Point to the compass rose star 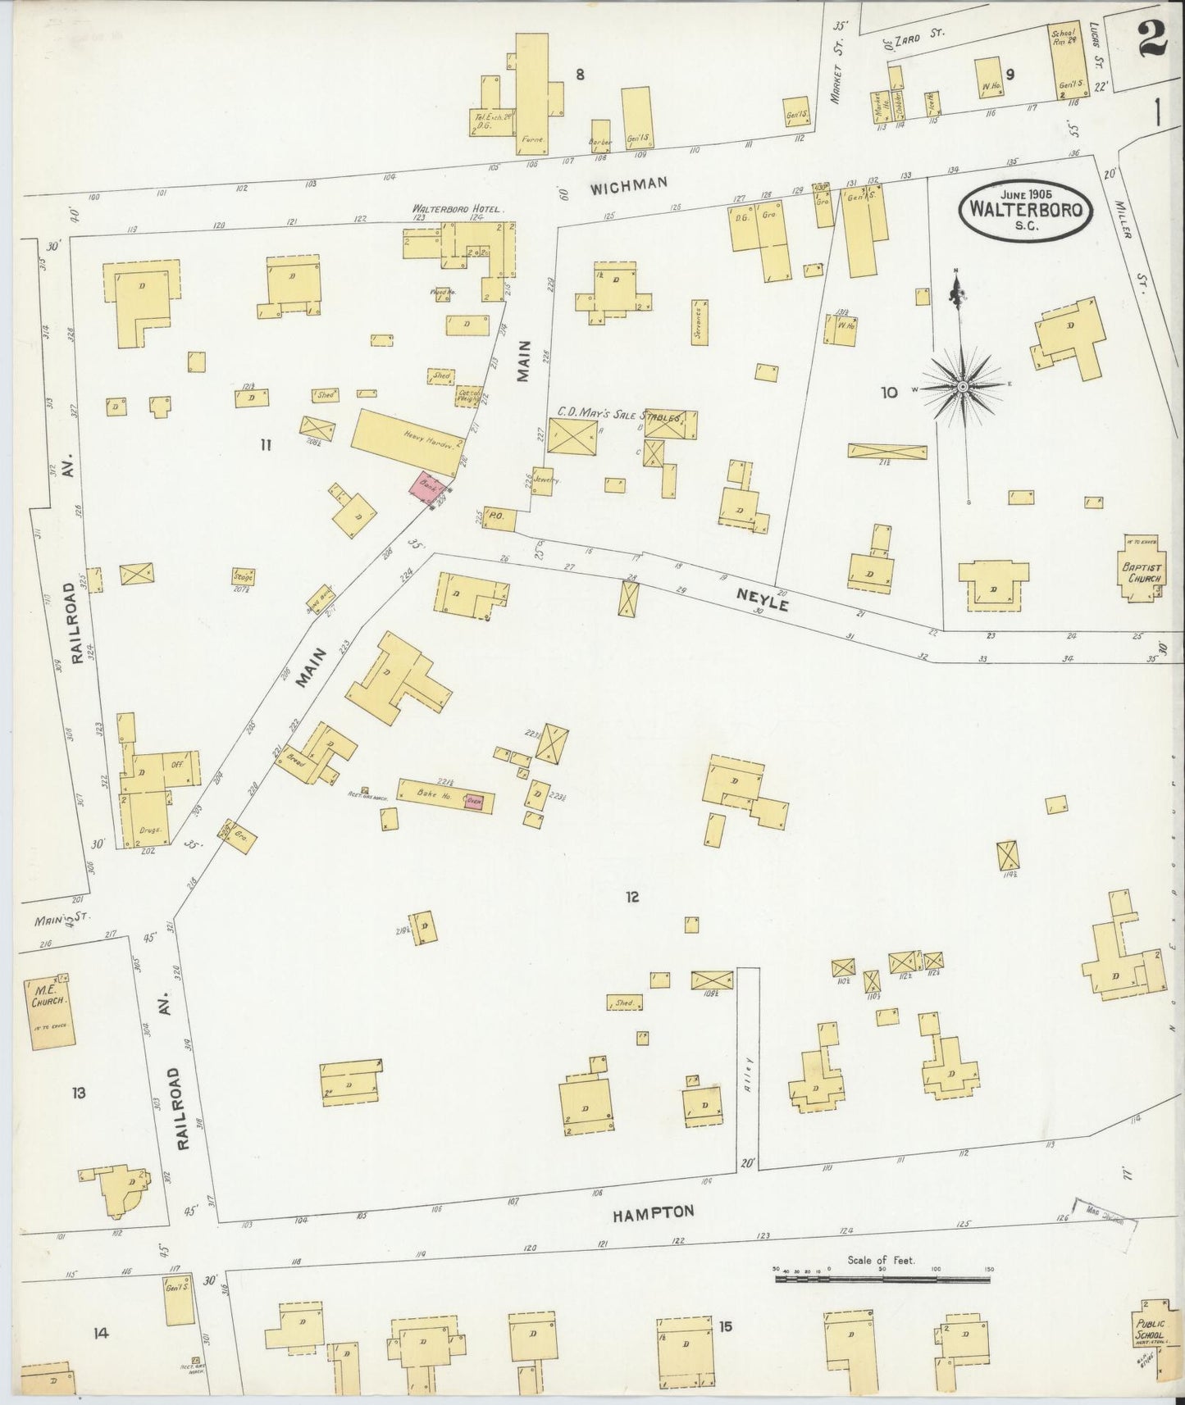tap(963, 385)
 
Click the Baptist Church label tap(1144, 571)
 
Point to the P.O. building tap(499, 518)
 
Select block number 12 tap(631, 897)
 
